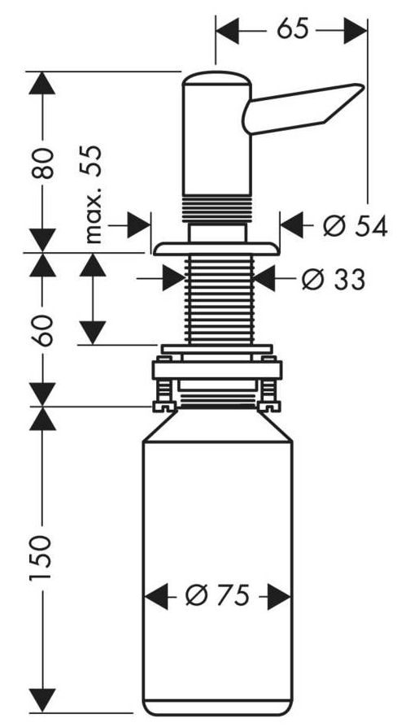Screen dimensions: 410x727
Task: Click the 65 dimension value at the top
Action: click(292, 29)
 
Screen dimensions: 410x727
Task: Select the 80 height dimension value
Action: click(44, 163)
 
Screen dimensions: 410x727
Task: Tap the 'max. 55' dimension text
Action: click(93, 194)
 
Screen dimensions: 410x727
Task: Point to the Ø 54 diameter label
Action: click(355, 226)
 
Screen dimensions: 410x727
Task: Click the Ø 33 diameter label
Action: click(334, 279)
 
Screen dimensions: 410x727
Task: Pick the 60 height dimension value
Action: click(44, 330)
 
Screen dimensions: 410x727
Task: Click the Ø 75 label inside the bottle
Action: click(217, 595)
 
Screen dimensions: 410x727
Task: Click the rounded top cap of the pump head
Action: click(216, 78)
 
